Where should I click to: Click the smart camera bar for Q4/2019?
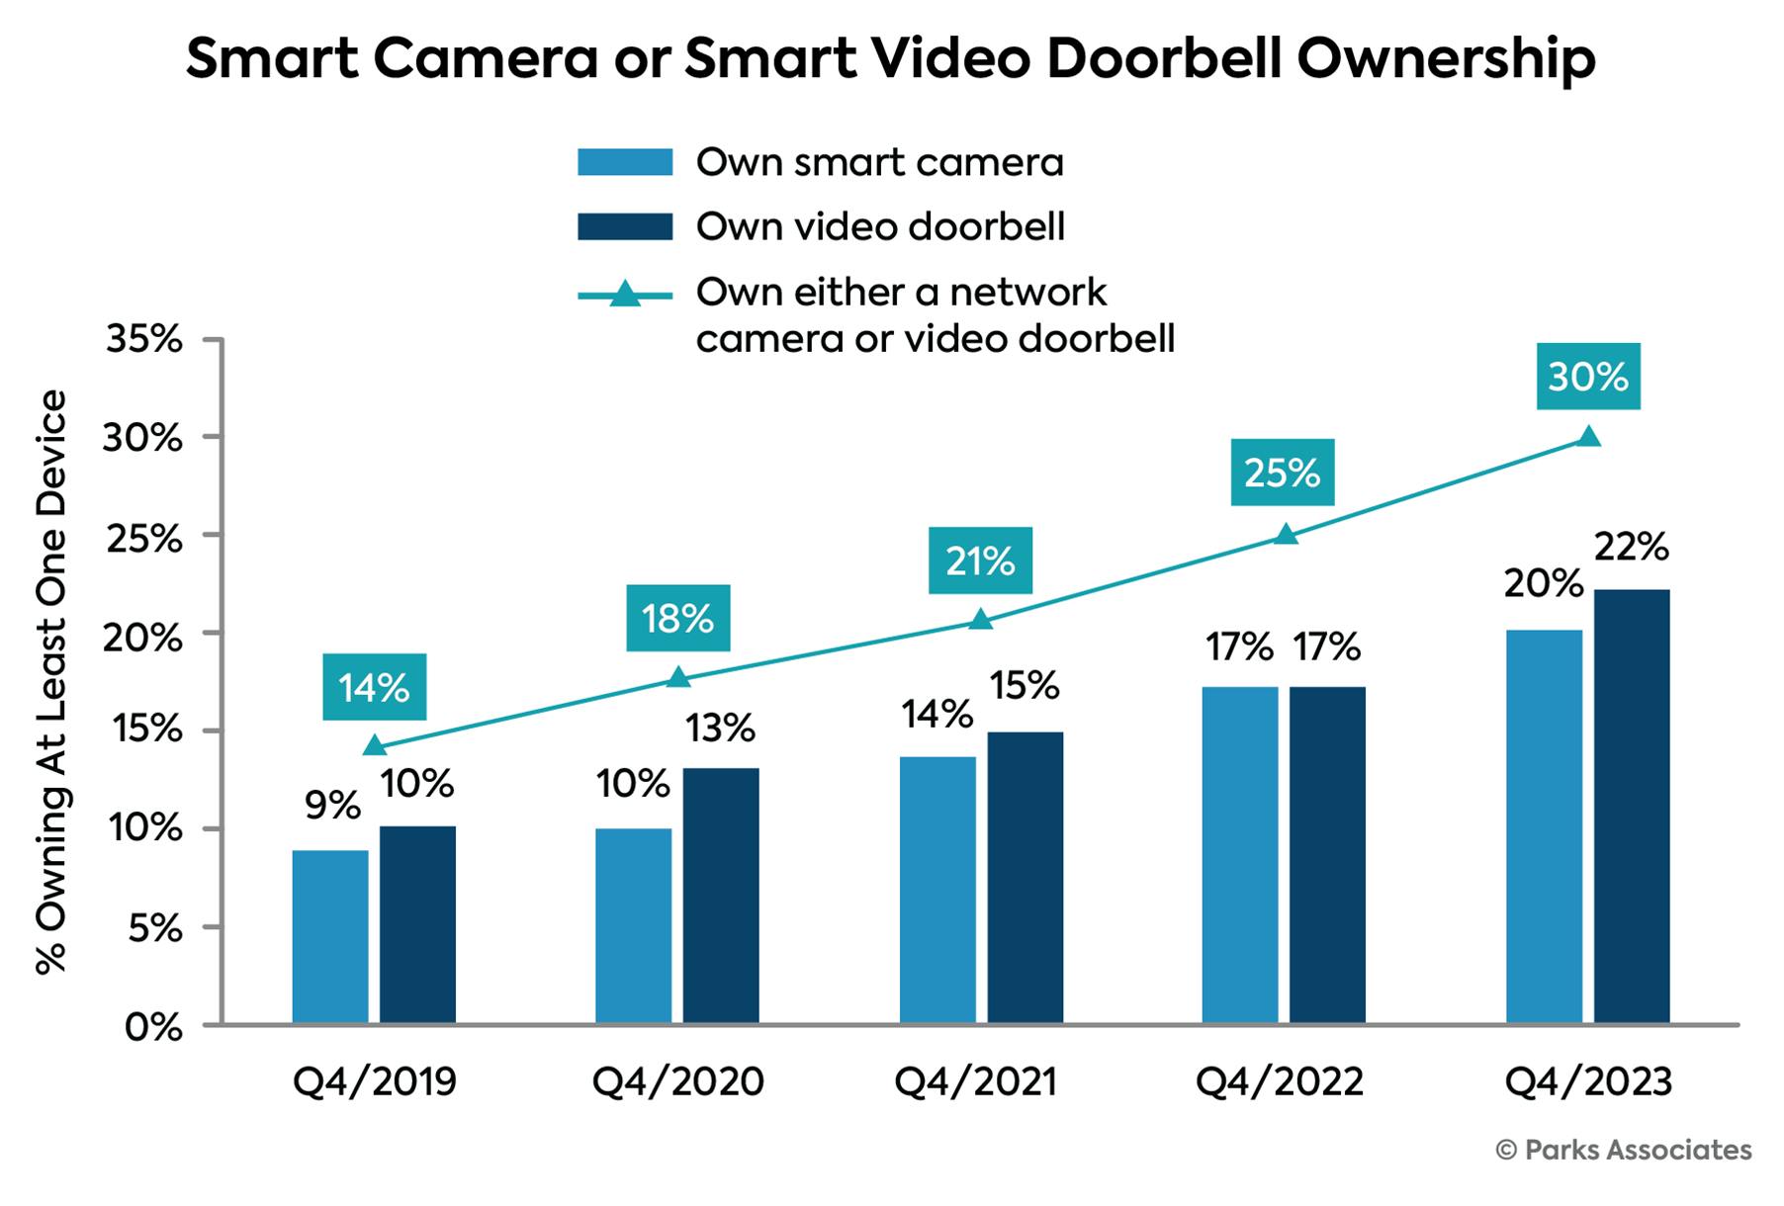coord(330,936)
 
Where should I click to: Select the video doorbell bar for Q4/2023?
coord(1632,806)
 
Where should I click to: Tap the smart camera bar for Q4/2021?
coord(937,890)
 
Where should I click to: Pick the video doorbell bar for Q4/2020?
coord(721,895)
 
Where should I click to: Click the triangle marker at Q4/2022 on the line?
coord(1285,535)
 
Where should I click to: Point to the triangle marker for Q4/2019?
coord(375,746)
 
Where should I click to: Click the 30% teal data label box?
coord(1588,377)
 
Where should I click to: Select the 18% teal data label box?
coord(677,619)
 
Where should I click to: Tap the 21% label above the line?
coord(980,560)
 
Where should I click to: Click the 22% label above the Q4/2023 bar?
coord(1632,547)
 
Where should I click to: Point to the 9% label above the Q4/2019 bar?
coord(332,806)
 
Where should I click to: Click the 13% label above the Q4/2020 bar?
coord(721,729)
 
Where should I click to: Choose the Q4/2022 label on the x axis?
coord(1280,1081)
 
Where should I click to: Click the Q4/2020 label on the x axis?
coord(677,1081)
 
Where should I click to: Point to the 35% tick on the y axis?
coord(142,339)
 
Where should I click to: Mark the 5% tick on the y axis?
coord(153,928)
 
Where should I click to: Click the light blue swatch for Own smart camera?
coord(625,161)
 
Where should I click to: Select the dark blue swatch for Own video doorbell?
coord(625,226)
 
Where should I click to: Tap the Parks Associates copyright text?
coord(1624,1150)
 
